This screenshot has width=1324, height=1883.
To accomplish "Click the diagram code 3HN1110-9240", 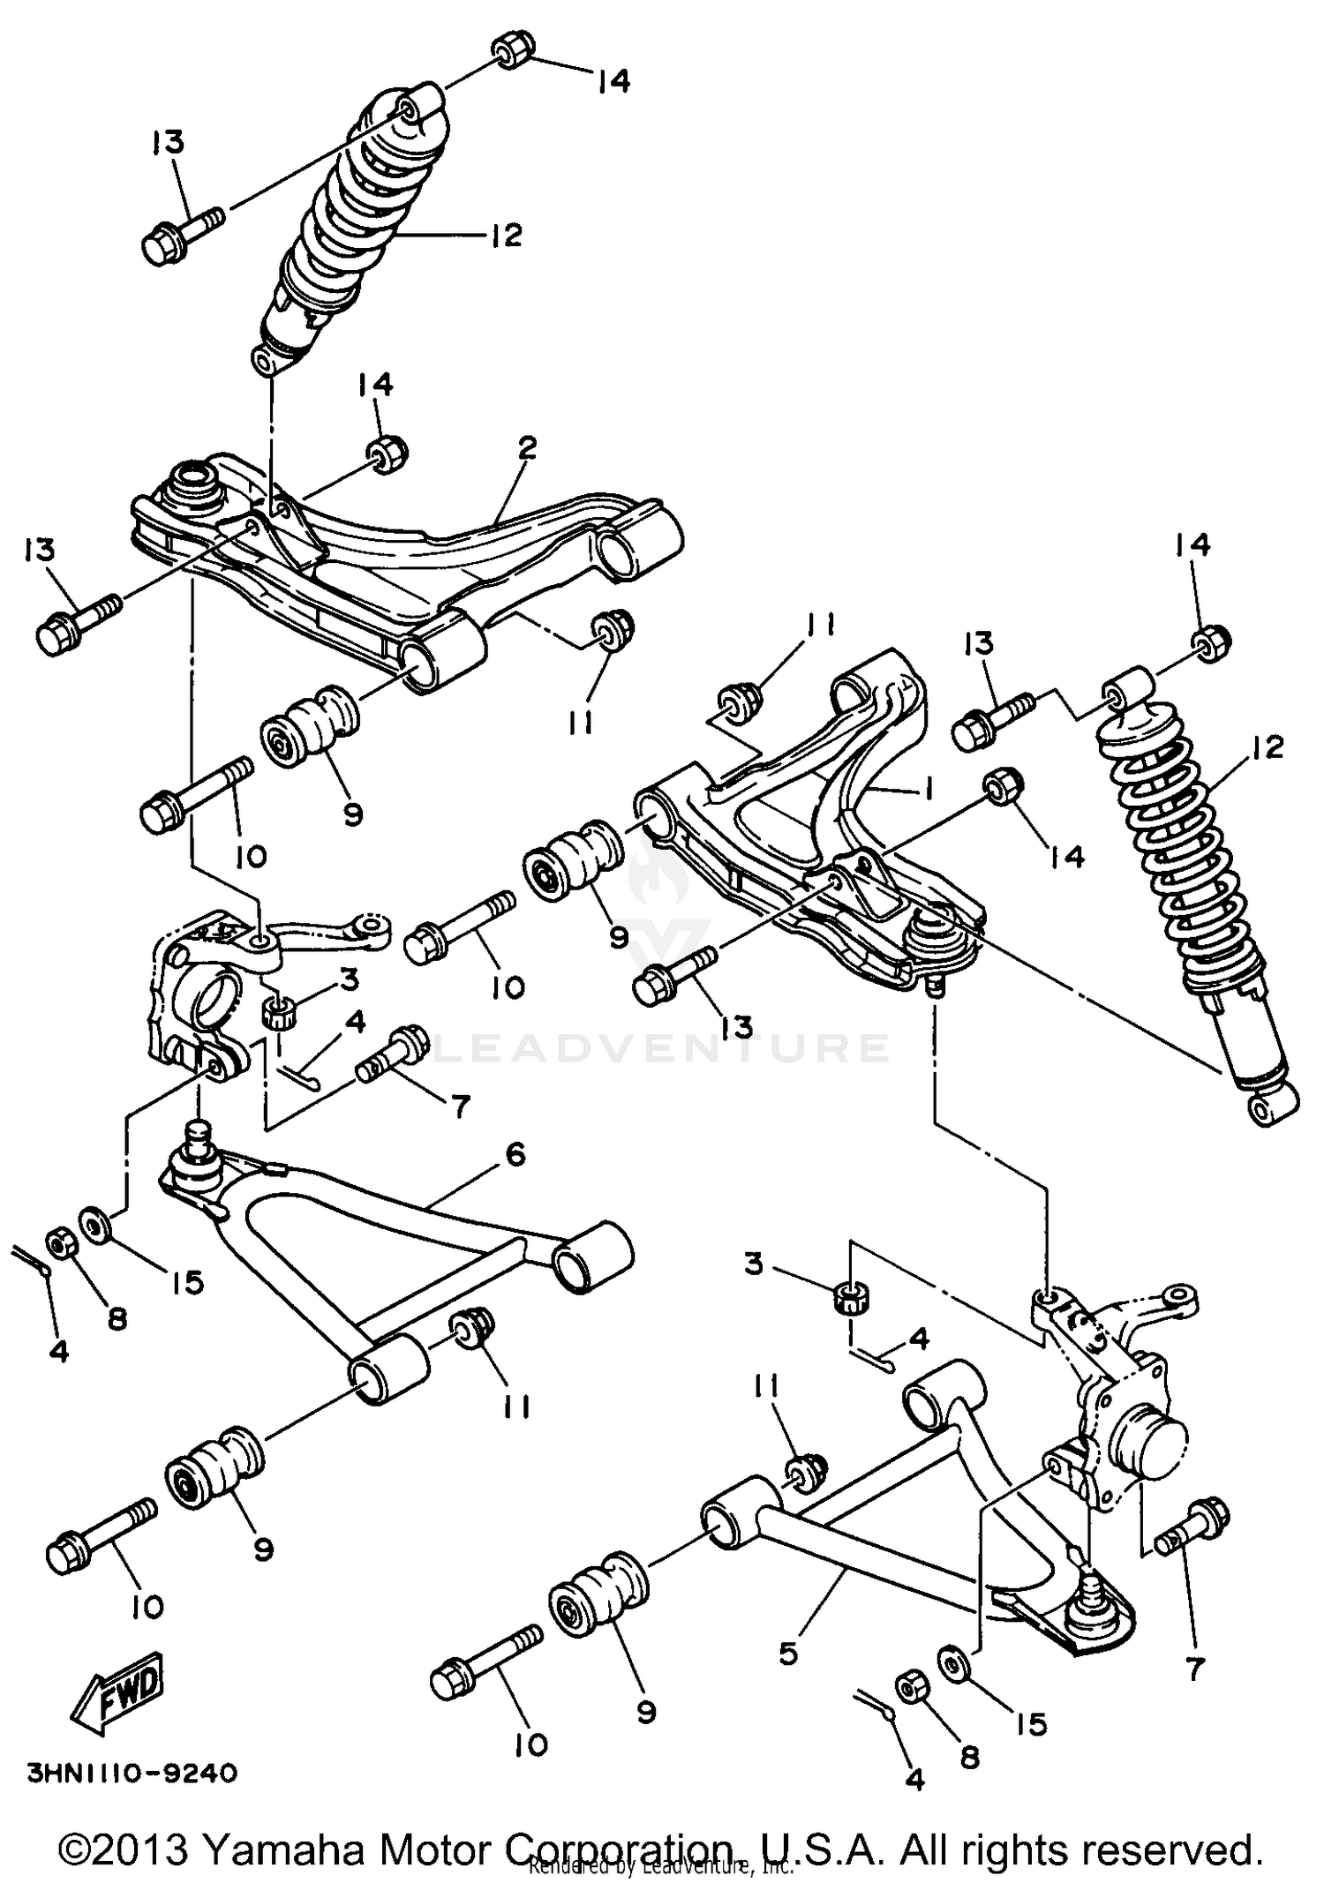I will pyautogui.click(x=133, y=1772).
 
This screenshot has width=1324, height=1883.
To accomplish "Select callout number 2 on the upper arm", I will pyautogui.click(x=527, y=448).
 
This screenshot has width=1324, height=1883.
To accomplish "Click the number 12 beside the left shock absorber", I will pyautogui.click(x=506, y=236).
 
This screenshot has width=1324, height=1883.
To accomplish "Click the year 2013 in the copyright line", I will pyautogui.click(x=141, y=1849).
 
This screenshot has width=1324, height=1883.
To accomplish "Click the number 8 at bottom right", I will pyautogui.click(x=969, y=1757).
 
